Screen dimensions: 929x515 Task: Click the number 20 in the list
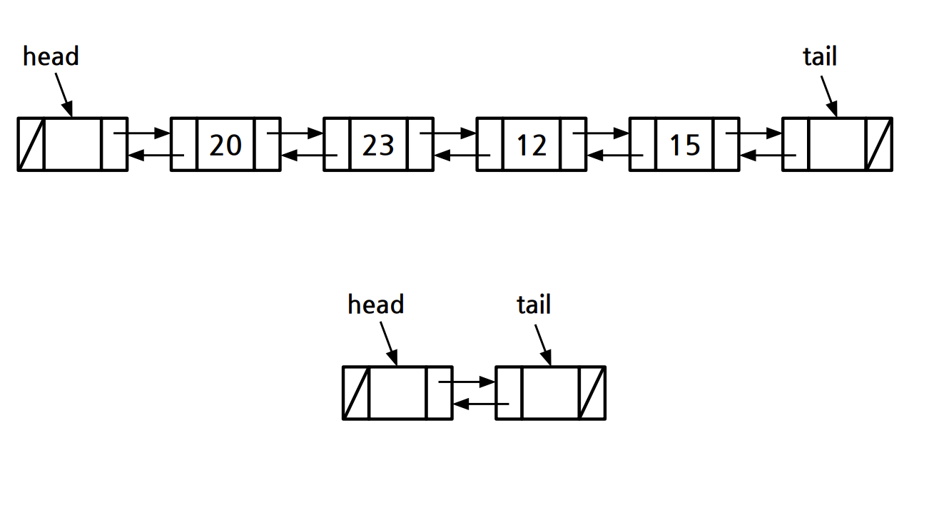(225, 145)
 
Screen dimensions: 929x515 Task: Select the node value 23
(378, 145)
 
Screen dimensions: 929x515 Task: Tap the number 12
(531, 145)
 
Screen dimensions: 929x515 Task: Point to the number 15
(684, 145)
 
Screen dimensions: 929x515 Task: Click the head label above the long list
(51, 56)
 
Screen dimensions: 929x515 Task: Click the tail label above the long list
(820, 56)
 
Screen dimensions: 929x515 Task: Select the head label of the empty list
(375, 305)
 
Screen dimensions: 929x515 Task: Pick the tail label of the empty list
(534, 305)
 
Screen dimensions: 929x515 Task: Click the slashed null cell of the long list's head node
(31, 144)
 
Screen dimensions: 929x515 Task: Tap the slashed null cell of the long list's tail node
(879, 144)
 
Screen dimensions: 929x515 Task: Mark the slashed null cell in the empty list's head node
(356, 393)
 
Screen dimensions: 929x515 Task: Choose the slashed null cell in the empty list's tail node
(592, 393)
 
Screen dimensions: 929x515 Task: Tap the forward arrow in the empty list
(467, 382)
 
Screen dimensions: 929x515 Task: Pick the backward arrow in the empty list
(481, 404)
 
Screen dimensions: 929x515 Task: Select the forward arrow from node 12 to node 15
(601, 133)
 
